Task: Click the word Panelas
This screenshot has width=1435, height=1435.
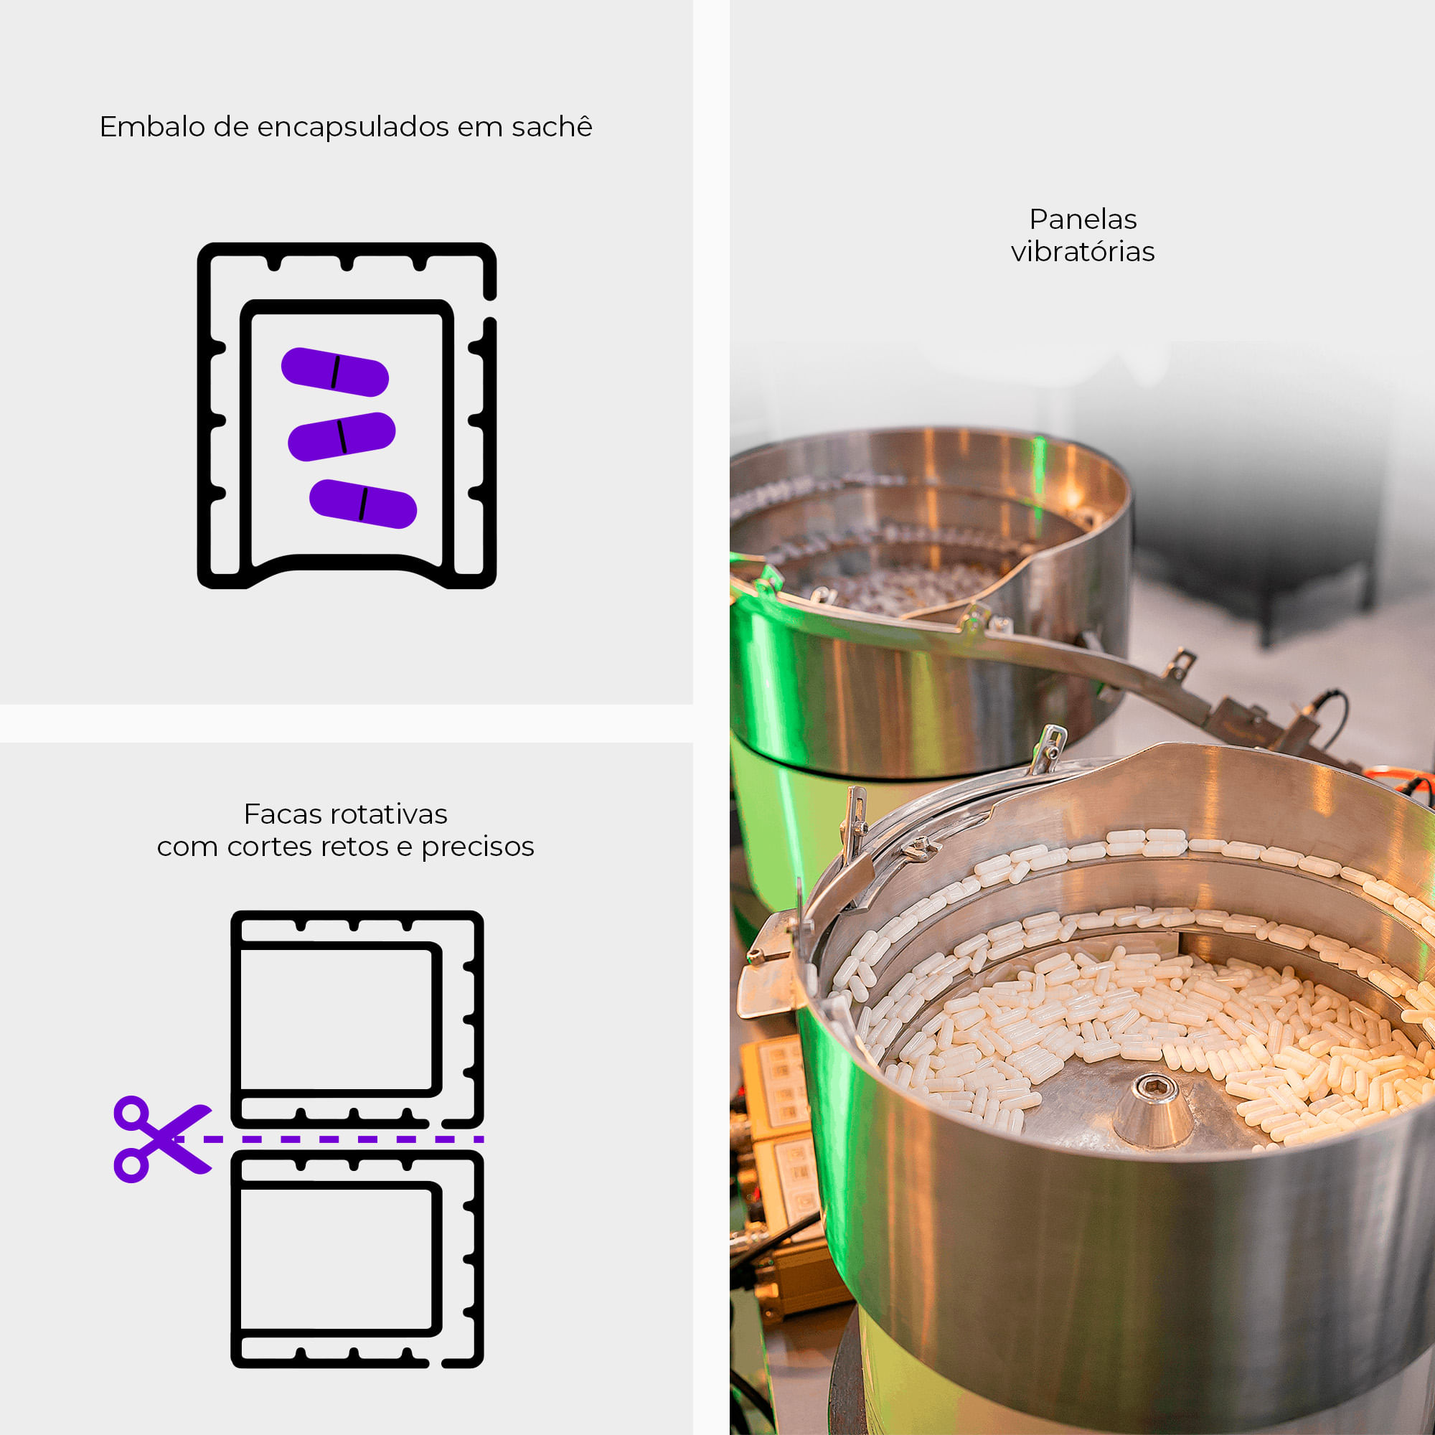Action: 1083,219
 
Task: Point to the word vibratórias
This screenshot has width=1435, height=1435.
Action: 1083,251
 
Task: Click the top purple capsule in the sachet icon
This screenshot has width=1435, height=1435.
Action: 335,372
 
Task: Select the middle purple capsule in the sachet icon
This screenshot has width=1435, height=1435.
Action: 342,437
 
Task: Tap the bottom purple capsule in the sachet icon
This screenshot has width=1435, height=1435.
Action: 363,504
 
